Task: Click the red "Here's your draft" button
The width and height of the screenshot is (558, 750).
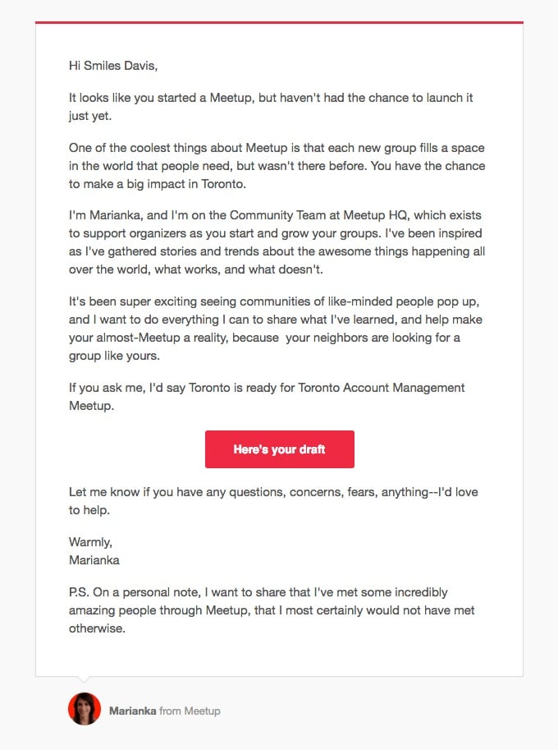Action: tap(279, 449)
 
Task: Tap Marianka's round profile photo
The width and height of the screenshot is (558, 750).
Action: tap(85, 709)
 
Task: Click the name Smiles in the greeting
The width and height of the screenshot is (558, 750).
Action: tap(103, 64)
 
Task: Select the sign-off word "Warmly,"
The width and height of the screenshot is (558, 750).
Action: tap(91, 542)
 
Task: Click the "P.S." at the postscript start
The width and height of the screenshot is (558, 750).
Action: tap(80, 592)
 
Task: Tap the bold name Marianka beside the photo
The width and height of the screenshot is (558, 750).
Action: tap(132, 711)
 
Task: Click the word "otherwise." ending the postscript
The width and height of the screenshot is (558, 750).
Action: tap(97, 628)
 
